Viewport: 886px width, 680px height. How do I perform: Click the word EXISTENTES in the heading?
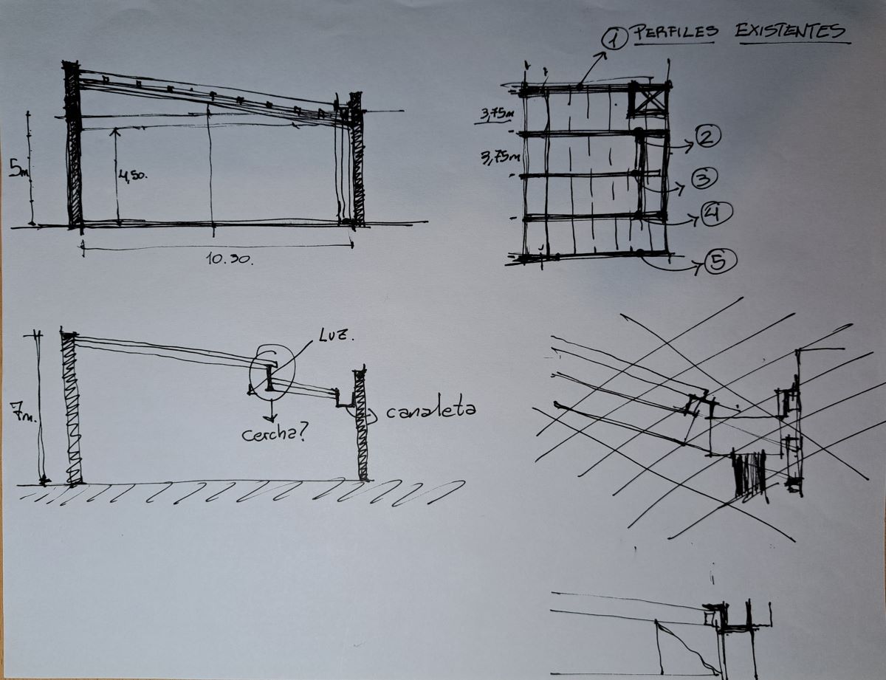click(790, 31)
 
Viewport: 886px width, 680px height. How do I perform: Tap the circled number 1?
click(614, 38)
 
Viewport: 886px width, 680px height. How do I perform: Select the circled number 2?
click(707, 137)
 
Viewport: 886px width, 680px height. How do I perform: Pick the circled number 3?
click(704, 178)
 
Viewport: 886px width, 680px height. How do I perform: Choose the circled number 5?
click(721, 261)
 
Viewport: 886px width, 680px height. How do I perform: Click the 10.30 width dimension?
click(229, 258)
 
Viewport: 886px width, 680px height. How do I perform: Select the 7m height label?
click(23, 412)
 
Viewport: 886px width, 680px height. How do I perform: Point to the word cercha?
click(274, 435)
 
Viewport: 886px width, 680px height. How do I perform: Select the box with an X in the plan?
click(649, 100)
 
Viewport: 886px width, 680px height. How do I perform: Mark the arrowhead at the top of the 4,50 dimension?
click(116, 131)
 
